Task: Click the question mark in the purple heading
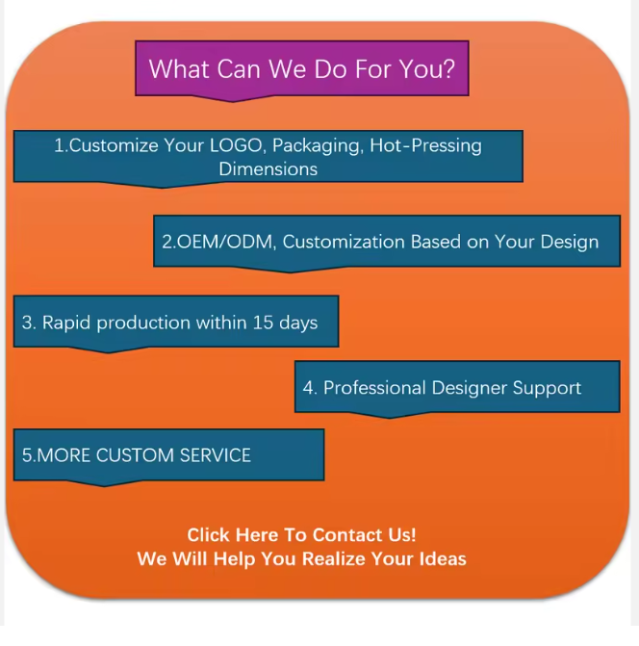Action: [x=448, y=68]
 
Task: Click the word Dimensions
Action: [x=268, y=168]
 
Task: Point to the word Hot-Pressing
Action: [x=425, y=146]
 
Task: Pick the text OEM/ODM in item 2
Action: [x=226, y=242]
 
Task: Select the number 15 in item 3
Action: [x=263, y=323]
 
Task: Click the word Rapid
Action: [x=66, y=323]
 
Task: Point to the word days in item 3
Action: [x=298, y=323]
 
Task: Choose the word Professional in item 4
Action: [x=374, y=388]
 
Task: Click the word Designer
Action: [x=469, y=389]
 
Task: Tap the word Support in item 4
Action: [x=547, y=389]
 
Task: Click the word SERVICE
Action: [x=216, y=455]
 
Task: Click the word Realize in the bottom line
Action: [x=334, y=559]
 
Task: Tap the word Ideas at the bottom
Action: [x=443, y=559]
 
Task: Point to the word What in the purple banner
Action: [x=179, y=68]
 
